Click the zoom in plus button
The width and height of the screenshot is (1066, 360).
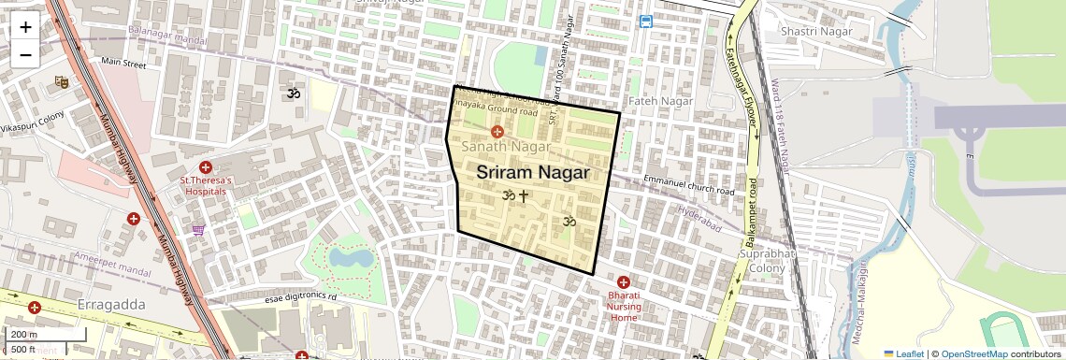25,26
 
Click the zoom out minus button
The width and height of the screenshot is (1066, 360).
25,54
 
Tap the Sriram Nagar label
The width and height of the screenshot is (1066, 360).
533,173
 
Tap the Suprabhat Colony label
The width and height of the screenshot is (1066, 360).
767,261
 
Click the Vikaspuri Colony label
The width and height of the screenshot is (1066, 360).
32,126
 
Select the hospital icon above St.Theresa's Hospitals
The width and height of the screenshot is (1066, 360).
206,167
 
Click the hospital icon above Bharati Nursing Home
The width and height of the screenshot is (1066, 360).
624,282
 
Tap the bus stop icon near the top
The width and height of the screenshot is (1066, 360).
646,22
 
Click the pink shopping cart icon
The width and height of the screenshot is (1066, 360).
198,229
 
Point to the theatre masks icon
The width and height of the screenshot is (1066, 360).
62,82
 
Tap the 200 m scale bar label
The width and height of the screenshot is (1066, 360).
24,335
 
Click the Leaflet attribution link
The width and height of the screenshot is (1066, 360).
903,354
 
